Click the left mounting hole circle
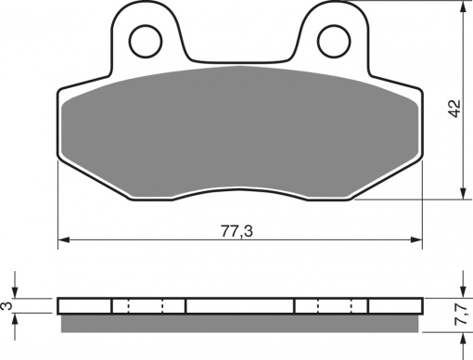tap(130, 42)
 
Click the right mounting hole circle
tap(318, 42)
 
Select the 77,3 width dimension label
tap(236, 231)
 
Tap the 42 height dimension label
tap(454, 109)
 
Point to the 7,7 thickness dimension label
tap(461, 315)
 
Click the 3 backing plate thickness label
tap(6, 305)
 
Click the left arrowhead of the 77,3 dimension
tap(64, 239)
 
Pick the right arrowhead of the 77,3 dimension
tap(416, 239)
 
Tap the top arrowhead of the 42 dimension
tap(463, 7)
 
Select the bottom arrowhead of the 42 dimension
tap(463, 193)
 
